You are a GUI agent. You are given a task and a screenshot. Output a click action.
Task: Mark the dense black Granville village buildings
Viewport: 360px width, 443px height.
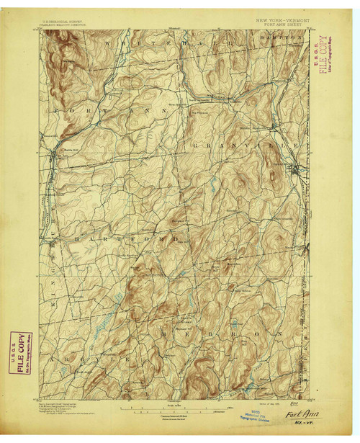point(294,170)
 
